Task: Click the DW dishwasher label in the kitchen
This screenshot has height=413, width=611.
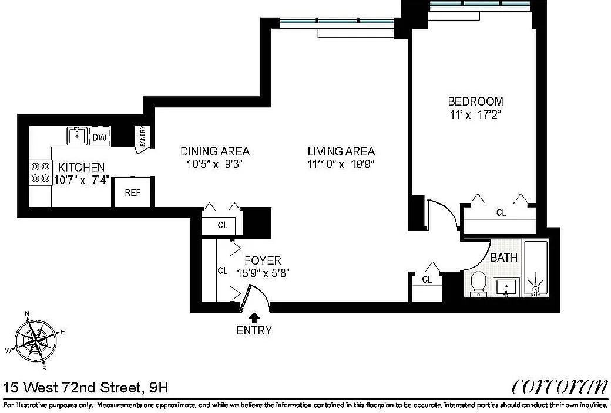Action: pos(100,137)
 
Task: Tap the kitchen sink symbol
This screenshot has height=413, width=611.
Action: pos(77,136)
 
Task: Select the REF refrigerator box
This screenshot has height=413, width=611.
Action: pos(132,192)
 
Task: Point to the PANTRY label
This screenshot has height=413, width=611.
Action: pos(142,136)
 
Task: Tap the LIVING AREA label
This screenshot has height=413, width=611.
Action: pos(341,151)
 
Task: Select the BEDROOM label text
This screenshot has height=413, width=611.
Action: pos(475,101)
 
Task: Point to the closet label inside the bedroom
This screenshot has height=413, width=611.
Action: pos(501,213)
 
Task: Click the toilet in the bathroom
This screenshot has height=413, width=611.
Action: pos(478,283)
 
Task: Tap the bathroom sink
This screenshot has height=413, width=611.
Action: pos(506,287)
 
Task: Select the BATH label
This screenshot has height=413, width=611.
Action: pos(503,257)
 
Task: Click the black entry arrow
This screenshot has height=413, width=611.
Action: pos(254,317)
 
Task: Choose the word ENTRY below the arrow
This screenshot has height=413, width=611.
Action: pos(254,330)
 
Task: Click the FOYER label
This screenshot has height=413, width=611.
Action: pos(263,260)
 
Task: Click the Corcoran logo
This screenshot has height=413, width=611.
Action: pos(559,387)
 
